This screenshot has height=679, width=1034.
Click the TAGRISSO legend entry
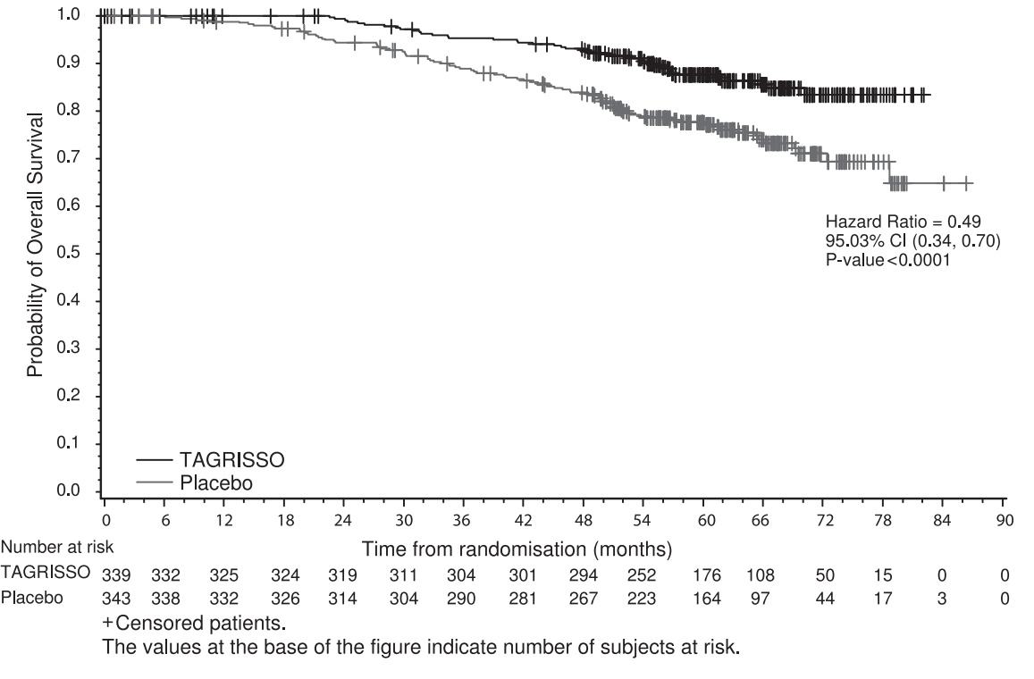[210, 459]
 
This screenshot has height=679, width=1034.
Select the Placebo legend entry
[195, 483]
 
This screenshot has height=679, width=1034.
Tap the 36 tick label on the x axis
[461, 521]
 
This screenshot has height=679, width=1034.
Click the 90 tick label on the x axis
[1005, 521]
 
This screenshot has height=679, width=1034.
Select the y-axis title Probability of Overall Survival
[35, 245]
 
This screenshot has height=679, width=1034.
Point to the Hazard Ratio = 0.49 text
[903, 222]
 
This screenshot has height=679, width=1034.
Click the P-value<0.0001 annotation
[888, 260]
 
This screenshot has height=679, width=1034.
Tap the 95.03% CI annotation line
[912, 240]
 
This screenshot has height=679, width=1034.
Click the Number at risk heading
[57, 547]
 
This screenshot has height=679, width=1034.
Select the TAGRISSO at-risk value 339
[116, 575]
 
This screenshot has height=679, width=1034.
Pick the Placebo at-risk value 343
[116, 599]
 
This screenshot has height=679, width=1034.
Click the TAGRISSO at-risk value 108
[761, 575]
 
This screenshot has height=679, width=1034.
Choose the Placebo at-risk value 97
[761, 599]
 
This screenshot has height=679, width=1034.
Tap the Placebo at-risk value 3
[942, 599]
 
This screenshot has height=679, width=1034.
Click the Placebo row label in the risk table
[32, 598]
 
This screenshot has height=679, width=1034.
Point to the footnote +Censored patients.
[194, 623]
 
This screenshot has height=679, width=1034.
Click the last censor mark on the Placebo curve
[967, 183]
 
